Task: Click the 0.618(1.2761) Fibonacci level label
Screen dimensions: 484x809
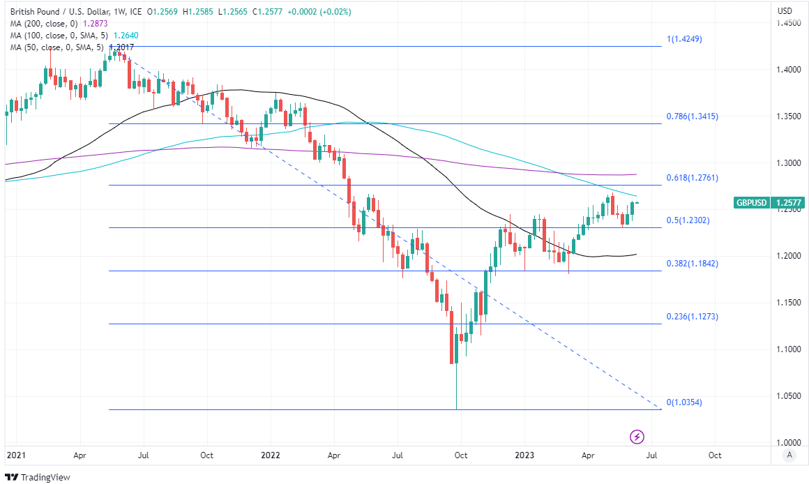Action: [x=692, y=178]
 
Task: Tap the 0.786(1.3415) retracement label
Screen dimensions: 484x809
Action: [x=692, y=116]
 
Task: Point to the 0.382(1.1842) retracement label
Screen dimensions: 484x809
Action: [x=692, y=264]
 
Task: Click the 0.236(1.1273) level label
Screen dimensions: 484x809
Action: [x=692, y=317]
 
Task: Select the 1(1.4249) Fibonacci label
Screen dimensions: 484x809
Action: [x=684, y=39]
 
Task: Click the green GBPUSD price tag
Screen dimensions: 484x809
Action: [x=752, y=203]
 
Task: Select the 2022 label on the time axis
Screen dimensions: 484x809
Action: [x=270, y=455]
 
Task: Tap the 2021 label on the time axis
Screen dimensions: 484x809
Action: [x=15, y=455]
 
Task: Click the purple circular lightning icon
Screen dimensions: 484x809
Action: [x=637, y=437]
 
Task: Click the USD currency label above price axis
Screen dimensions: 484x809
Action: [x=785, y=11]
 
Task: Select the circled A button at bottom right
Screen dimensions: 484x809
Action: [x=789, y=455]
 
